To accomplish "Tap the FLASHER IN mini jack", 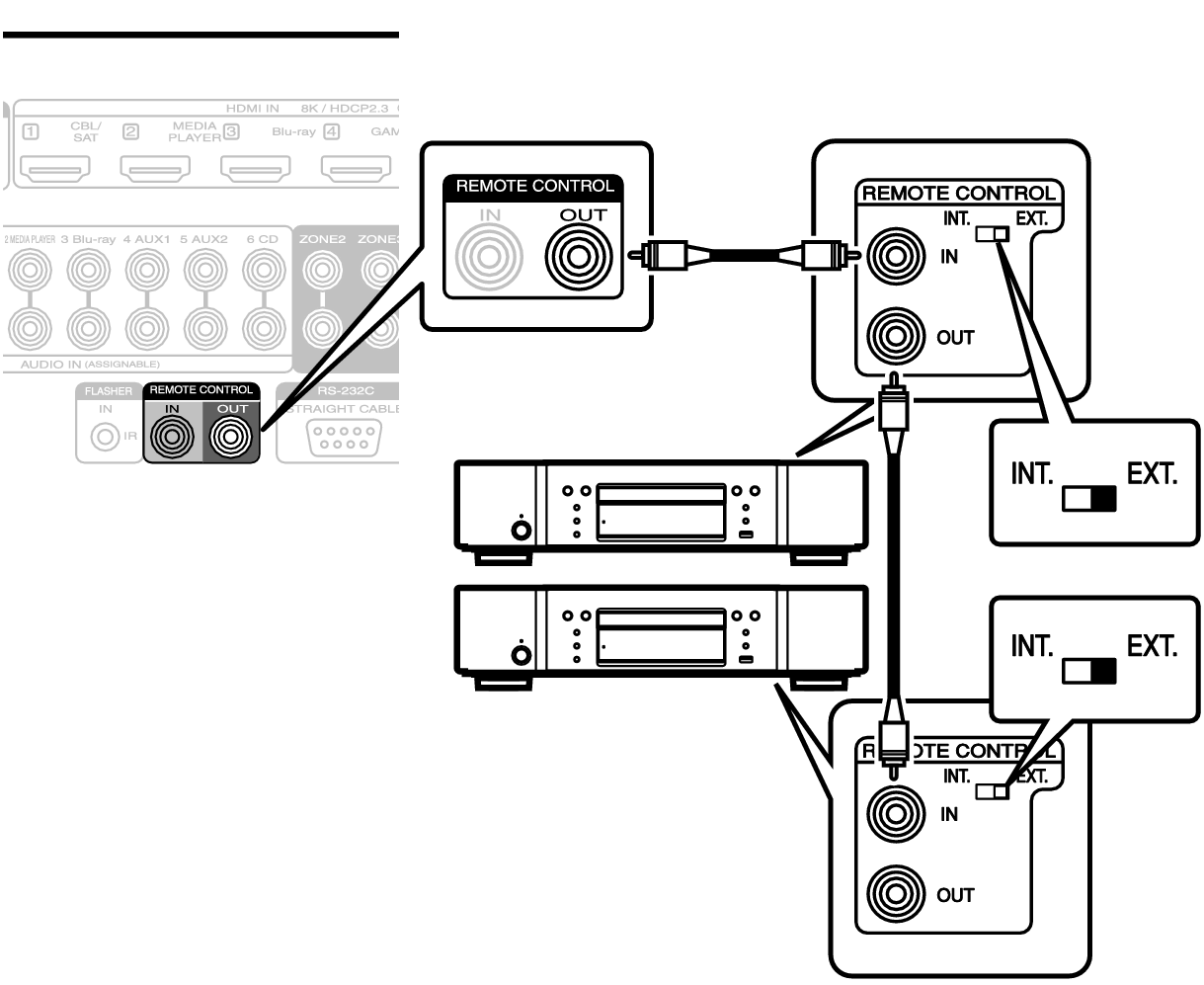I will pos(100,435).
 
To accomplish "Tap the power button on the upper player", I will pos(520,530).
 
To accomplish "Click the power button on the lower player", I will pos(520,655).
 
